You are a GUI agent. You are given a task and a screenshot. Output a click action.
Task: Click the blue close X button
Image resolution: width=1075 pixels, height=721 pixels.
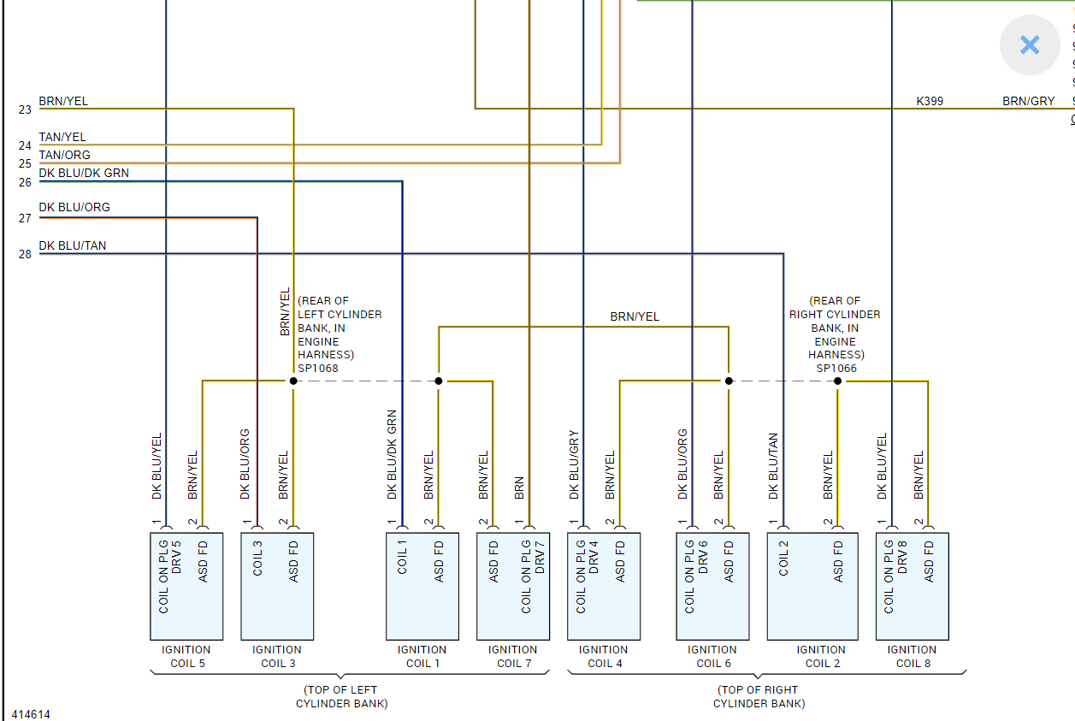click(x=1030, y=45)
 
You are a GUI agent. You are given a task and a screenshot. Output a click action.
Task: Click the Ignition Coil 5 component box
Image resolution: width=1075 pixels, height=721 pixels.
click(x=186, y=587)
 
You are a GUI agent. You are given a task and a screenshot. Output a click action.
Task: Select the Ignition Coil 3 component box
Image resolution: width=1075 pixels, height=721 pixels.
click(x=277, y=587)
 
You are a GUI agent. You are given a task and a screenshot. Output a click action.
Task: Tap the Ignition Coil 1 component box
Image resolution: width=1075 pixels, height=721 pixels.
click(x=422, y=587)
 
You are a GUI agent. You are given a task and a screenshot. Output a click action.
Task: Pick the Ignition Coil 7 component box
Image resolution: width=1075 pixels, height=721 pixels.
click(x=513, y=587)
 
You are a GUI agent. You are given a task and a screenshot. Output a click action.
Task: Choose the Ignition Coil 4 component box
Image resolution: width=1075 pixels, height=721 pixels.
click(x=604, y=587)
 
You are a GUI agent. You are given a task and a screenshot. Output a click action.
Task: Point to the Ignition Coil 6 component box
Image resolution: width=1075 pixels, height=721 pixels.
click(x=712, y=587)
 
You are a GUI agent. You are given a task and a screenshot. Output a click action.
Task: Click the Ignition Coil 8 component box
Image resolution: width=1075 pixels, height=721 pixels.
click(x=912, y=587)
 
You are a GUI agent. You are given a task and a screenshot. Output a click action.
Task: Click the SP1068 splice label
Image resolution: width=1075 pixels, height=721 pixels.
click(x=318, y=369)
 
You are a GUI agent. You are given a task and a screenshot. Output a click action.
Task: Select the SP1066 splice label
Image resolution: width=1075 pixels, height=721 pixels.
click(x=836, y=369)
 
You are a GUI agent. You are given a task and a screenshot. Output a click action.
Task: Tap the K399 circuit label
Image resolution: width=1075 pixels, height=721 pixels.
click(x=930, y=101)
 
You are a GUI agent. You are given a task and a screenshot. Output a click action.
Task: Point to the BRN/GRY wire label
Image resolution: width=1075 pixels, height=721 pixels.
click(x=1028, y=101)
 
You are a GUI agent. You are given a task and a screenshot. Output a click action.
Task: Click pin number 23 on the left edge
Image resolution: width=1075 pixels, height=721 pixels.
click(x=24, y=109)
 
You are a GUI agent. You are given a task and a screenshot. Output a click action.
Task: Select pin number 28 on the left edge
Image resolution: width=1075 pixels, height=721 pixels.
click(x=24, y=254)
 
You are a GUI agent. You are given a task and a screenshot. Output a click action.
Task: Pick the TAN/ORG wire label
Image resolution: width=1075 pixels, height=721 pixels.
click(x=64, y=155)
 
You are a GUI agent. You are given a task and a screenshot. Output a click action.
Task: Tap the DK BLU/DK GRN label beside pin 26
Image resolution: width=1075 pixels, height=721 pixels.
click(x=84, y=173)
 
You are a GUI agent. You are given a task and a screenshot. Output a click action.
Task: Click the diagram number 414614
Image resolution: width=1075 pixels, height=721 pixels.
click(x=31, y=713)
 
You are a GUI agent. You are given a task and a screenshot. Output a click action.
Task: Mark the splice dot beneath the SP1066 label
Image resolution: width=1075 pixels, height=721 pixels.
click(x=838, y=381)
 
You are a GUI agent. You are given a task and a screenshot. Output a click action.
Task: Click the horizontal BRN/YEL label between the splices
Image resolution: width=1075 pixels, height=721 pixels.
click(x=635, y=316)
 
